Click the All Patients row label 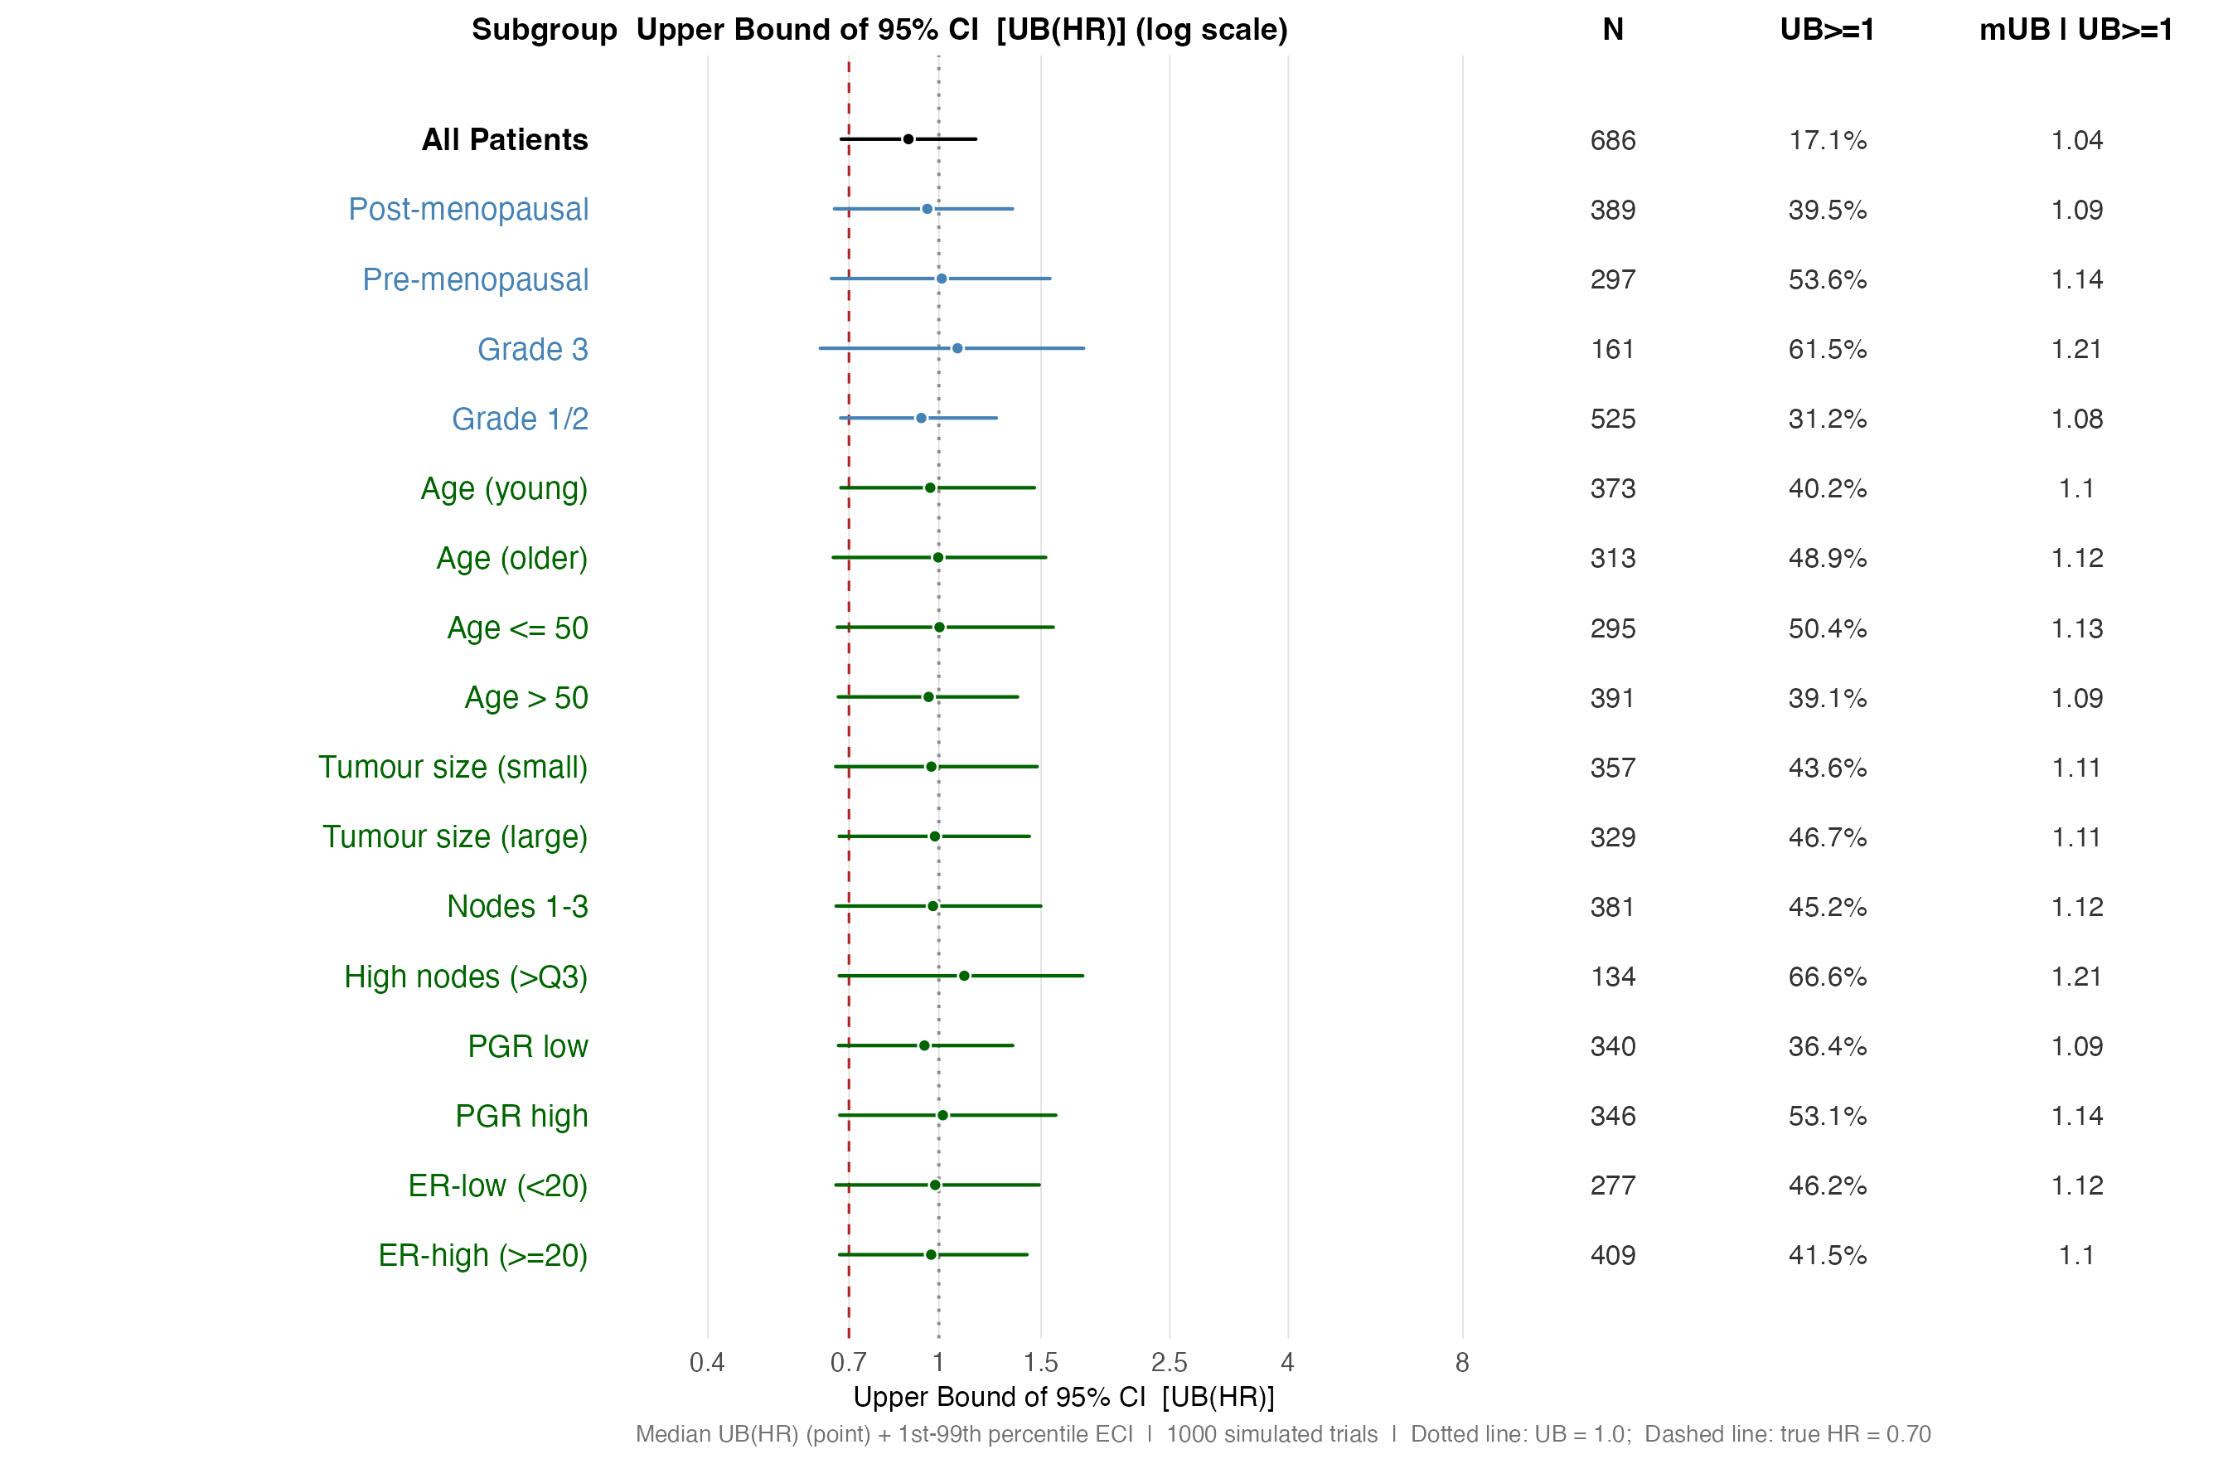pyautogui.click(x=505, y=139)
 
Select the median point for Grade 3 pyautogui.click(x=957, y=348)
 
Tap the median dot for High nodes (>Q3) pyautogui.click(x=963, y=976)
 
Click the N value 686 pyautogui.click(x=1612, y=140)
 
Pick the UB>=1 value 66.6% pyautogui.click(x=1826, y=977)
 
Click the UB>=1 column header pyautogui.click(x=1826, y=30)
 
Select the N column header pyautogui.click(x=1612, y=30)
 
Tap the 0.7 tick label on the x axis pyautogui.click(x=848, y=1362)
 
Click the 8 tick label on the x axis pyautogui.click(x=1461, y=1362)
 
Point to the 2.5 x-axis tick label pyautogui.click(x=1169, y=1362)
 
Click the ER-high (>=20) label pyautogui.click(x=483, y=1255)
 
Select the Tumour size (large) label pyautogui.click(x=455, y=836)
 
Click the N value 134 pyautogui.click(x=1612, y=977)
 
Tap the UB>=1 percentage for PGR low pyautogui.click(x=1826, y=1046)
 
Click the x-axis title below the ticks pyautogui.click(x=1063, y=1397)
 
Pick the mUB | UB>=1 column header pyautogui.click(x=2075, y=30)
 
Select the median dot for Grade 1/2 pyautogui.click(x=920, y=419)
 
